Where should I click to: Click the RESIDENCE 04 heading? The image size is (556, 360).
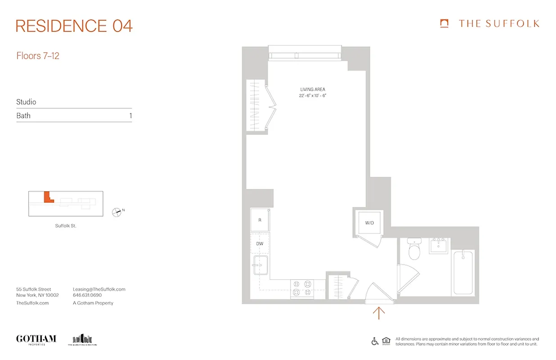click(x=74, y=26)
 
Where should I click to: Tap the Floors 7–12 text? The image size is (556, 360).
click(x=38, y=56)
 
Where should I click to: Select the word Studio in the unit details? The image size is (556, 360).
click(x=26, y=102)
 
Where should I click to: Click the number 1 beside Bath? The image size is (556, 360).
click(x=130, y=116)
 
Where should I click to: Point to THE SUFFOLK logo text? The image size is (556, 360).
click(x=498, y=24)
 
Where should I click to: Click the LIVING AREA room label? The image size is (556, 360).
click(x=313, y=90)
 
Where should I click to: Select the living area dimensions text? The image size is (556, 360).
click(x=313, y=96)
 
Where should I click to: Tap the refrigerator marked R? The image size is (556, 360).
click(x=260, y=220)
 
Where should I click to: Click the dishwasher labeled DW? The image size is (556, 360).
click(x=260, y=243)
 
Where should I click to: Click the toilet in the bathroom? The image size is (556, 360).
click(x=414, y=249)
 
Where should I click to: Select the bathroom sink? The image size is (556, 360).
click(x=439, y=246)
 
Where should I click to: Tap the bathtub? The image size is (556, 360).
click(x=463, y=273)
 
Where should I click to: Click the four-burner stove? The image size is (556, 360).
click(x=302, y=288)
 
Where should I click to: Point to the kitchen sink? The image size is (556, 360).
click(x=260, y=265)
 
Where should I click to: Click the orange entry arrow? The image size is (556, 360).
click(x=379, y=313)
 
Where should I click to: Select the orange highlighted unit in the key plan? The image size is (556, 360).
click(x=47, y=198)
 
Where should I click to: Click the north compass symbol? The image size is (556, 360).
click(x=117, y=212)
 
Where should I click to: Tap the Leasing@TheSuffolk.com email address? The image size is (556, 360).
click(x=99, y=289)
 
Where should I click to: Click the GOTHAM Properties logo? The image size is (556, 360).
click(x=36, y=339)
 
